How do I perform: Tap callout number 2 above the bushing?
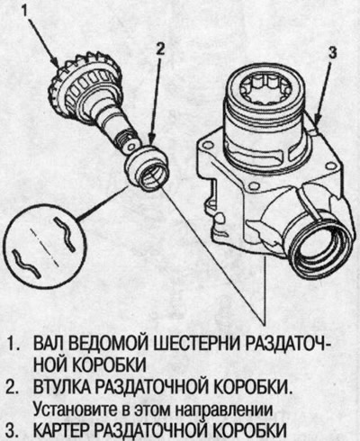pos(159,50)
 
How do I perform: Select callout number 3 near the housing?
pos(332,52)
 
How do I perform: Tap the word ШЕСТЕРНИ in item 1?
pos(203,346)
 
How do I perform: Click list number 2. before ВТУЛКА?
pos(13,385)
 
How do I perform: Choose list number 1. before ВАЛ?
pos(13,346)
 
